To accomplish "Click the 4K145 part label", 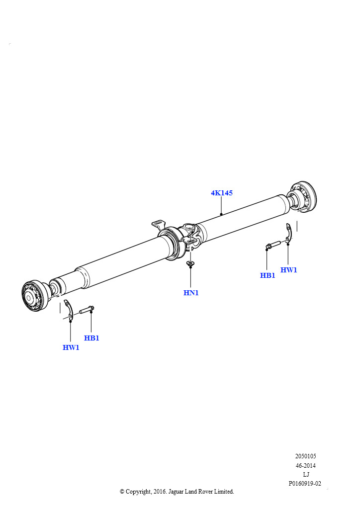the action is (x=222, y=193).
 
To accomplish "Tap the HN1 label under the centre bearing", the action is (x=191, y=293).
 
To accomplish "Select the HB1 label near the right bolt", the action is (x=268, y=275).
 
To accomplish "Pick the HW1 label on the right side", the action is (x=288, y=270).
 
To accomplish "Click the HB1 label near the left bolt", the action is (x=91, y=338).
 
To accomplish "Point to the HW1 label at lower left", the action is (x=71, y=347).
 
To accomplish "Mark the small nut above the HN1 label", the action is (x=190, y=263).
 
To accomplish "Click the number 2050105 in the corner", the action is (x=305, y=456).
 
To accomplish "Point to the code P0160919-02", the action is (x=305, y=483).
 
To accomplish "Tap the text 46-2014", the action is (x=305, y=465).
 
